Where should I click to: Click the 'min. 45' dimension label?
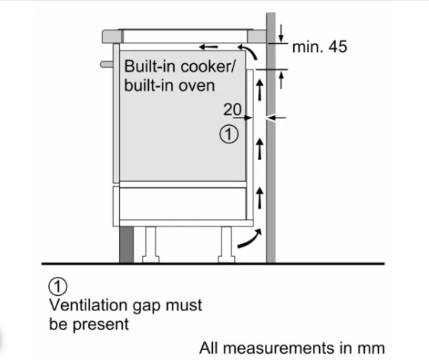[x=320, y=47]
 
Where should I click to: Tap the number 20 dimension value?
[x=233, y=109]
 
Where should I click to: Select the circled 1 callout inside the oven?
[x=229, y=134]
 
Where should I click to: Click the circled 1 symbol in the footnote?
[x=58, y=287]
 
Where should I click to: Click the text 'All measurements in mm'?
[x=292, y=348]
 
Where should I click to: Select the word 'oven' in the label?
[x=196, y=86]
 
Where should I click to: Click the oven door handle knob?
[x=107, y=64]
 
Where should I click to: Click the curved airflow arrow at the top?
[x=249, y=51]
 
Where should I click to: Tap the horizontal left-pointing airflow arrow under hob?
[x=208, y=47]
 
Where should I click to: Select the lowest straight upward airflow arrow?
[x=260, y=198]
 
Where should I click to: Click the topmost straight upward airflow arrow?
[x=260, y=89]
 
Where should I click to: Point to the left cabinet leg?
[x=150, y=244]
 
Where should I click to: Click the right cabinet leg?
[x=227, y=244]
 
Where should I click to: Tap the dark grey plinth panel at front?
[x=127, y=244]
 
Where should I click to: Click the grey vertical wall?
[x=271, y=137]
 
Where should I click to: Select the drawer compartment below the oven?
[x=182, y=204]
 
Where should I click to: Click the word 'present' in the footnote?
[x=101, y=325]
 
